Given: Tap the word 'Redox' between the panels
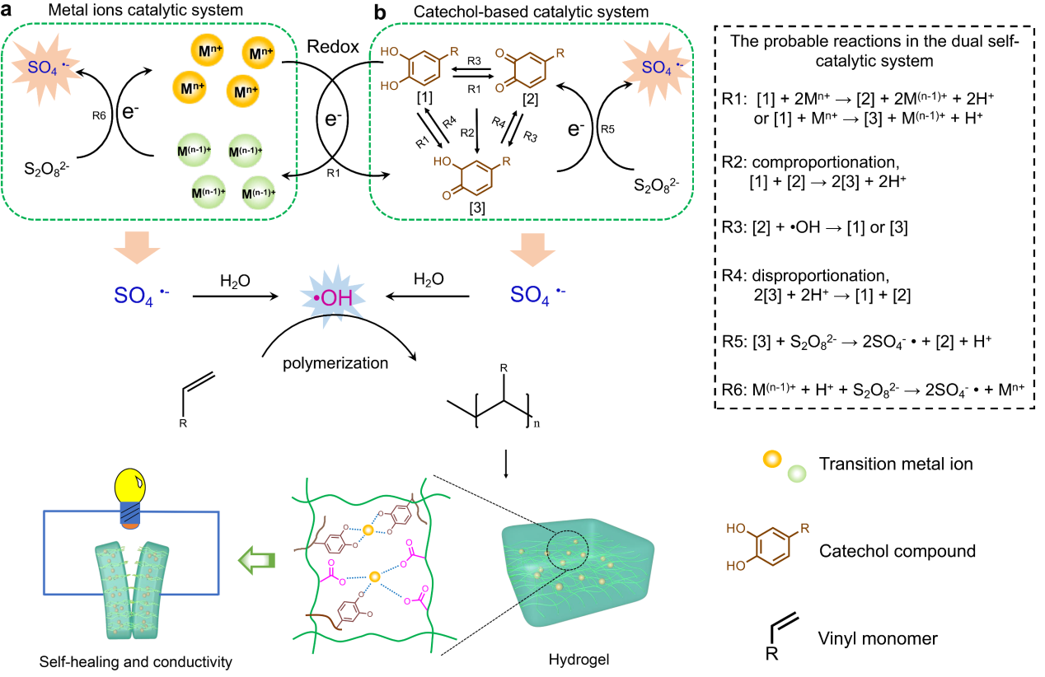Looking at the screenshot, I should point(333,47).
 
